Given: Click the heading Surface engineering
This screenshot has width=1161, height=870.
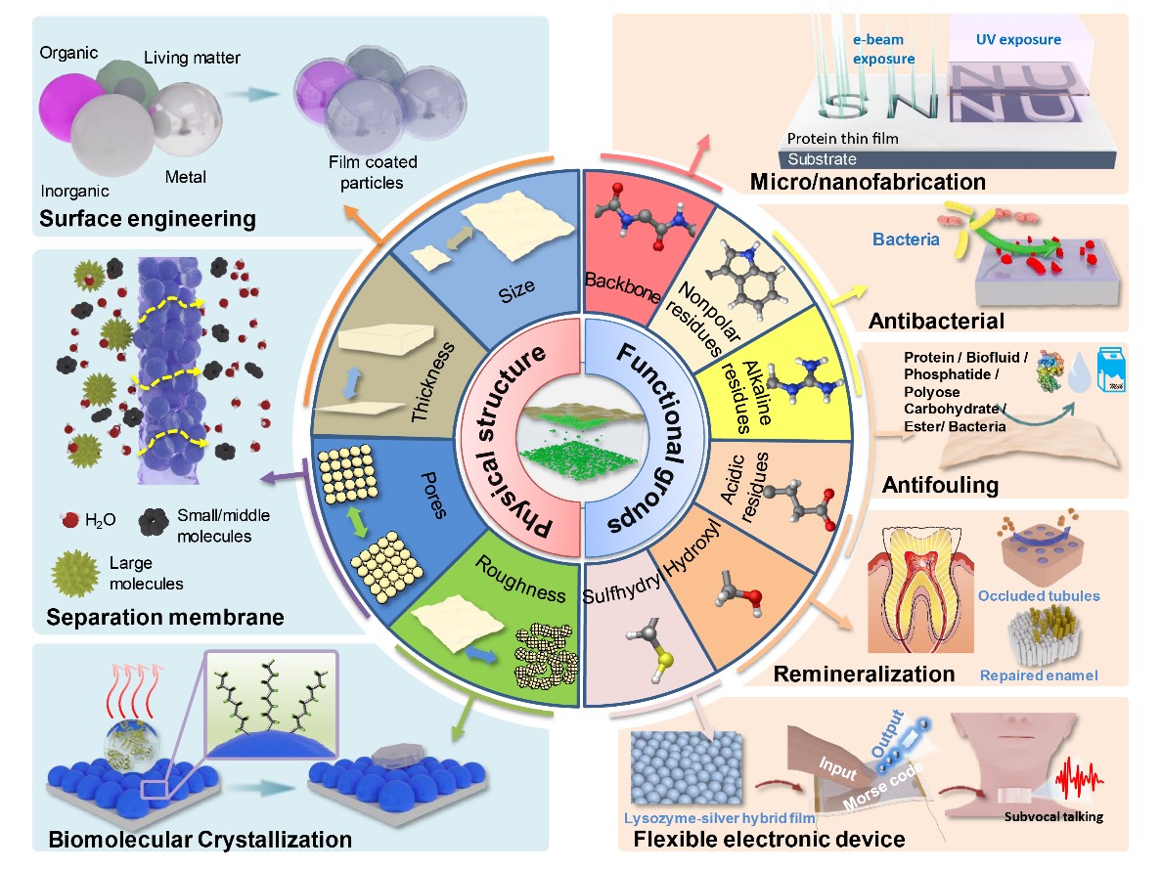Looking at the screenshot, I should (x=148, y=218).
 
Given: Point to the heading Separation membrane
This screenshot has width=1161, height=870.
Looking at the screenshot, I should (x=164, y=618).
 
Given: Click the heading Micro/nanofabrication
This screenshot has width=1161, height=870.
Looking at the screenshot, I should (x=868, y=181).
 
